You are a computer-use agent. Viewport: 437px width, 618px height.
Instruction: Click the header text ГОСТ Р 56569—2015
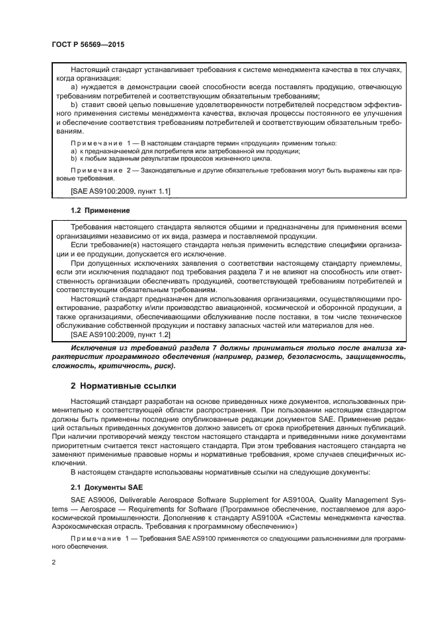[88, 44]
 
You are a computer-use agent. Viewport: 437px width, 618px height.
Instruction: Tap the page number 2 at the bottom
[54, 562]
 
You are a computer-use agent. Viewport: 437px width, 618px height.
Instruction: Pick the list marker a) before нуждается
[74, 87]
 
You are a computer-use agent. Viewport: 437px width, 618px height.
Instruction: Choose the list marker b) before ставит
[74, 104]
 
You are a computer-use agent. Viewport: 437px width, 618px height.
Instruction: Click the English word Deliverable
[140, 500]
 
